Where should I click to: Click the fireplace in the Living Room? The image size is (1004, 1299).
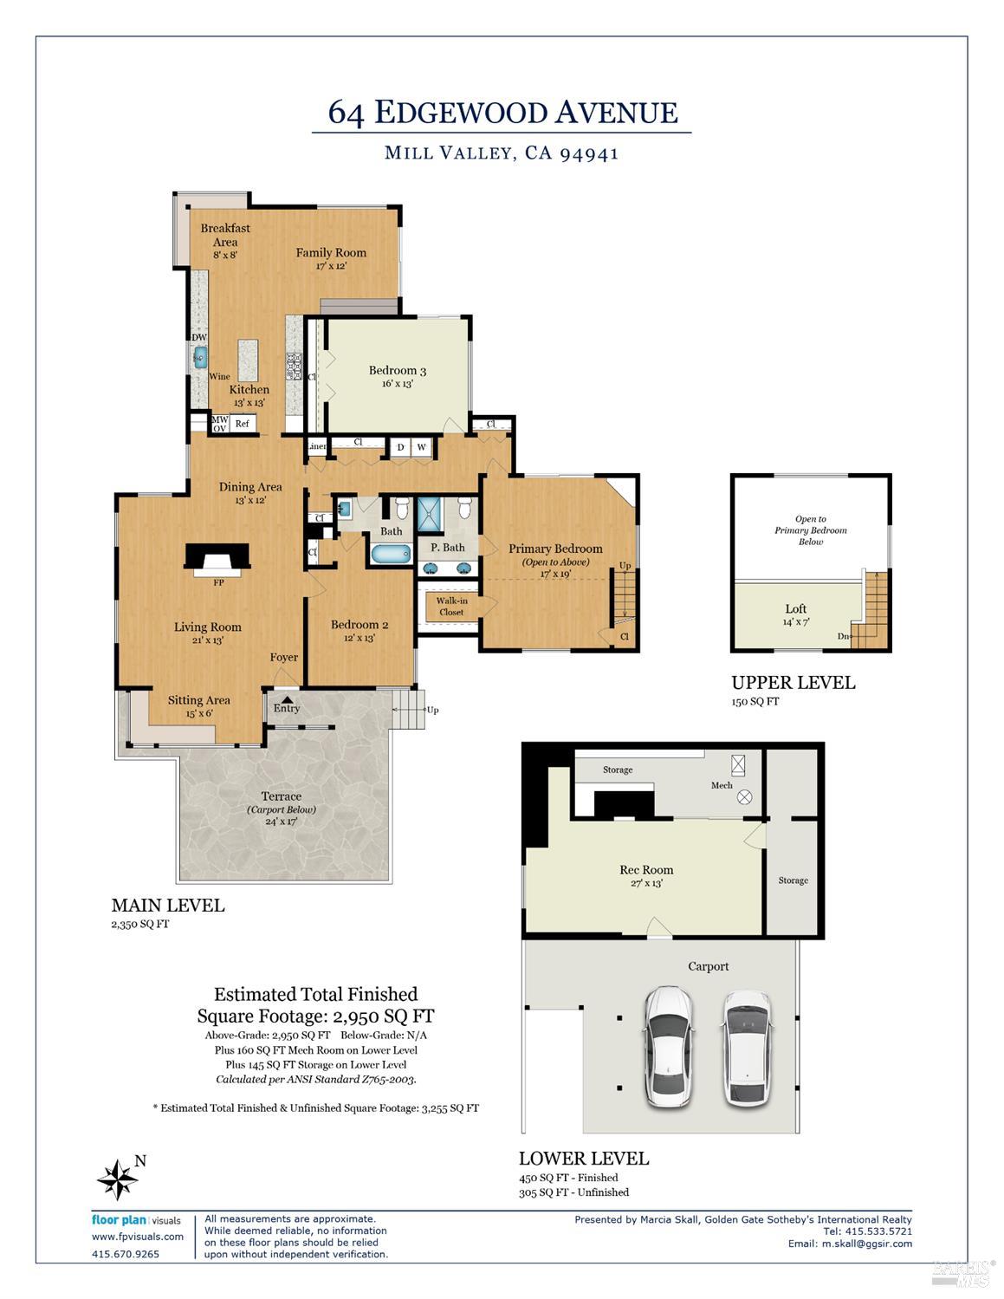(x=217, y=560)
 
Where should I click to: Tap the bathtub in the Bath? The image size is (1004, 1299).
(x=392, y=554)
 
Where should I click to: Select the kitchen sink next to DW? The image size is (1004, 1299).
(x=199, y=358)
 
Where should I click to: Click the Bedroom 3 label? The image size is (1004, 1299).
(x=398, y=370)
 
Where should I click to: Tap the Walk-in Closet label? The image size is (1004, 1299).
(x=451, y=606)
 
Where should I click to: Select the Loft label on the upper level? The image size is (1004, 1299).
(x=795, y=608)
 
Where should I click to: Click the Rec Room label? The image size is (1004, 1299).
(x=646, y=870)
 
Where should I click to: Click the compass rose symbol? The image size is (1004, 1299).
(x=118, y=1179)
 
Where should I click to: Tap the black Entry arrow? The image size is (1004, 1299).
(x=287, y=699)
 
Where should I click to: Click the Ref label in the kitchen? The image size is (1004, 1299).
(x=242, y=423)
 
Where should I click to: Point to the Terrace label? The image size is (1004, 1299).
(x=281, y=796)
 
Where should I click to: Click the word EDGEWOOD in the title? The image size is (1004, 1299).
(x=461, y=113)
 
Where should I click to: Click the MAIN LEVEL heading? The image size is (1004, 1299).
(x=168, y=905)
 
